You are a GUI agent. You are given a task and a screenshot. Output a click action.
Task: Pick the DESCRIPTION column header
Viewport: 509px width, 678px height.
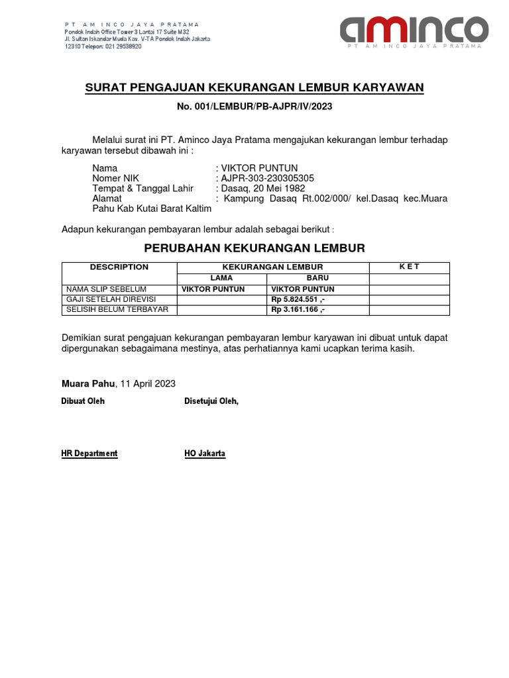tap(119, 267)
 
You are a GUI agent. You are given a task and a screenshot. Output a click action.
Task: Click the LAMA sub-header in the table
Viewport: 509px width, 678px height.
tap(221, 278)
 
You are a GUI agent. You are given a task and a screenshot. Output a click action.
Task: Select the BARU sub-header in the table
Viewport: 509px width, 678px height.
tap(317, 278)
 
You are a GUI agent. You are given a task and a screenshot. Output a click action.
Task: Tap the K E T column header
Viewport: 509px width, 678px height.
tap(409, 267)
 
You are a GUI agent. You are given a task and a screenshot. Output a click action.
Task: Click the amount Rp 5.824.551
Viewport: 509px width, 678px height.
tap(298, 299)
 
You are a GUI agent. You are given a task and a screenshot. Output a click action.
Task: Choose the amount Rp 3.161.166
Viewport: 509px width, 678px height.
tap(298, 309)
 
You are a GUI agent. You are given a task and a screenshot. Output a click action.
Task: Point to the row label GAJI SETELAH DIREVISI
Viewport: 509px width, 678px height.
tap(111, 299)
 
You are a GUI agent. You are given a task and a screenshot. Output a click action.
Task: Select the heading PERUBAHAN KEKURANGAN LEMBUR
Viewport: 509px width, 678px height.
tap(254, 248)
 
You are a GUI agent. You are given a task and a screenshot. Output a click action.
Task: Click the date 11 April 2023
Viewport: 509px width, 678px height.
tap(148, 383)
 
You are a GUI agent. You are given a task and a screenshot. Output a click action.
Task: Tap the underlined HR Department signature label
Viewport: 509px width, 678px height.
tap(89, 454)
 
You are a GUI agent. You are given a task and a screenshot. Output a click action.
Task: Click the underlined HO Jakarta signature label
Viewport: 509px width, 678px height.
tap(205, 454)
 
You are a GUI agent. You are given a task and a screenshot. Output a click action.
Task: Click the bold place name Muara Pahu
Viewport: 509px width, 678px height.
tap(87, 383)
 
